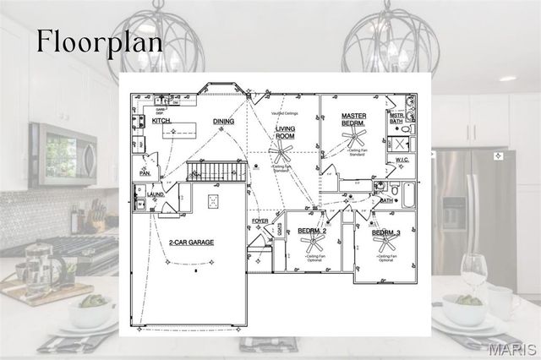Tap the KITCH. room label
coord(161,122)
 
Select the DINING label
coord(223,122)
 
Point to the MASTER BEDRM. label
coord(353,119)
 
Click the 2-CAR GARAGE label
coord(190,242)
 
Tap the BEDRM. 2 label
coord(312,231)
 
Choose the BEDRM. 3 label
coord(385,232)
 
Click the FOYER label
coord(260,221)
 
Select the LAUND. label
coord(155,194)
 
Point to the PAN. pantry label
coord(145,173)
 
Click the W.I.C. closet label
coord(402,160)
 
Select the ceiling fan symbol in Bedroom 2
coord(312,243)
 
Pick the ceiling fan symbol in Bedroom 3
coord(385,243)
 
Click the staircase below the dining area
coord(216,172)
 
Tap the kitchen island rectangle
coord(180,129)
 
